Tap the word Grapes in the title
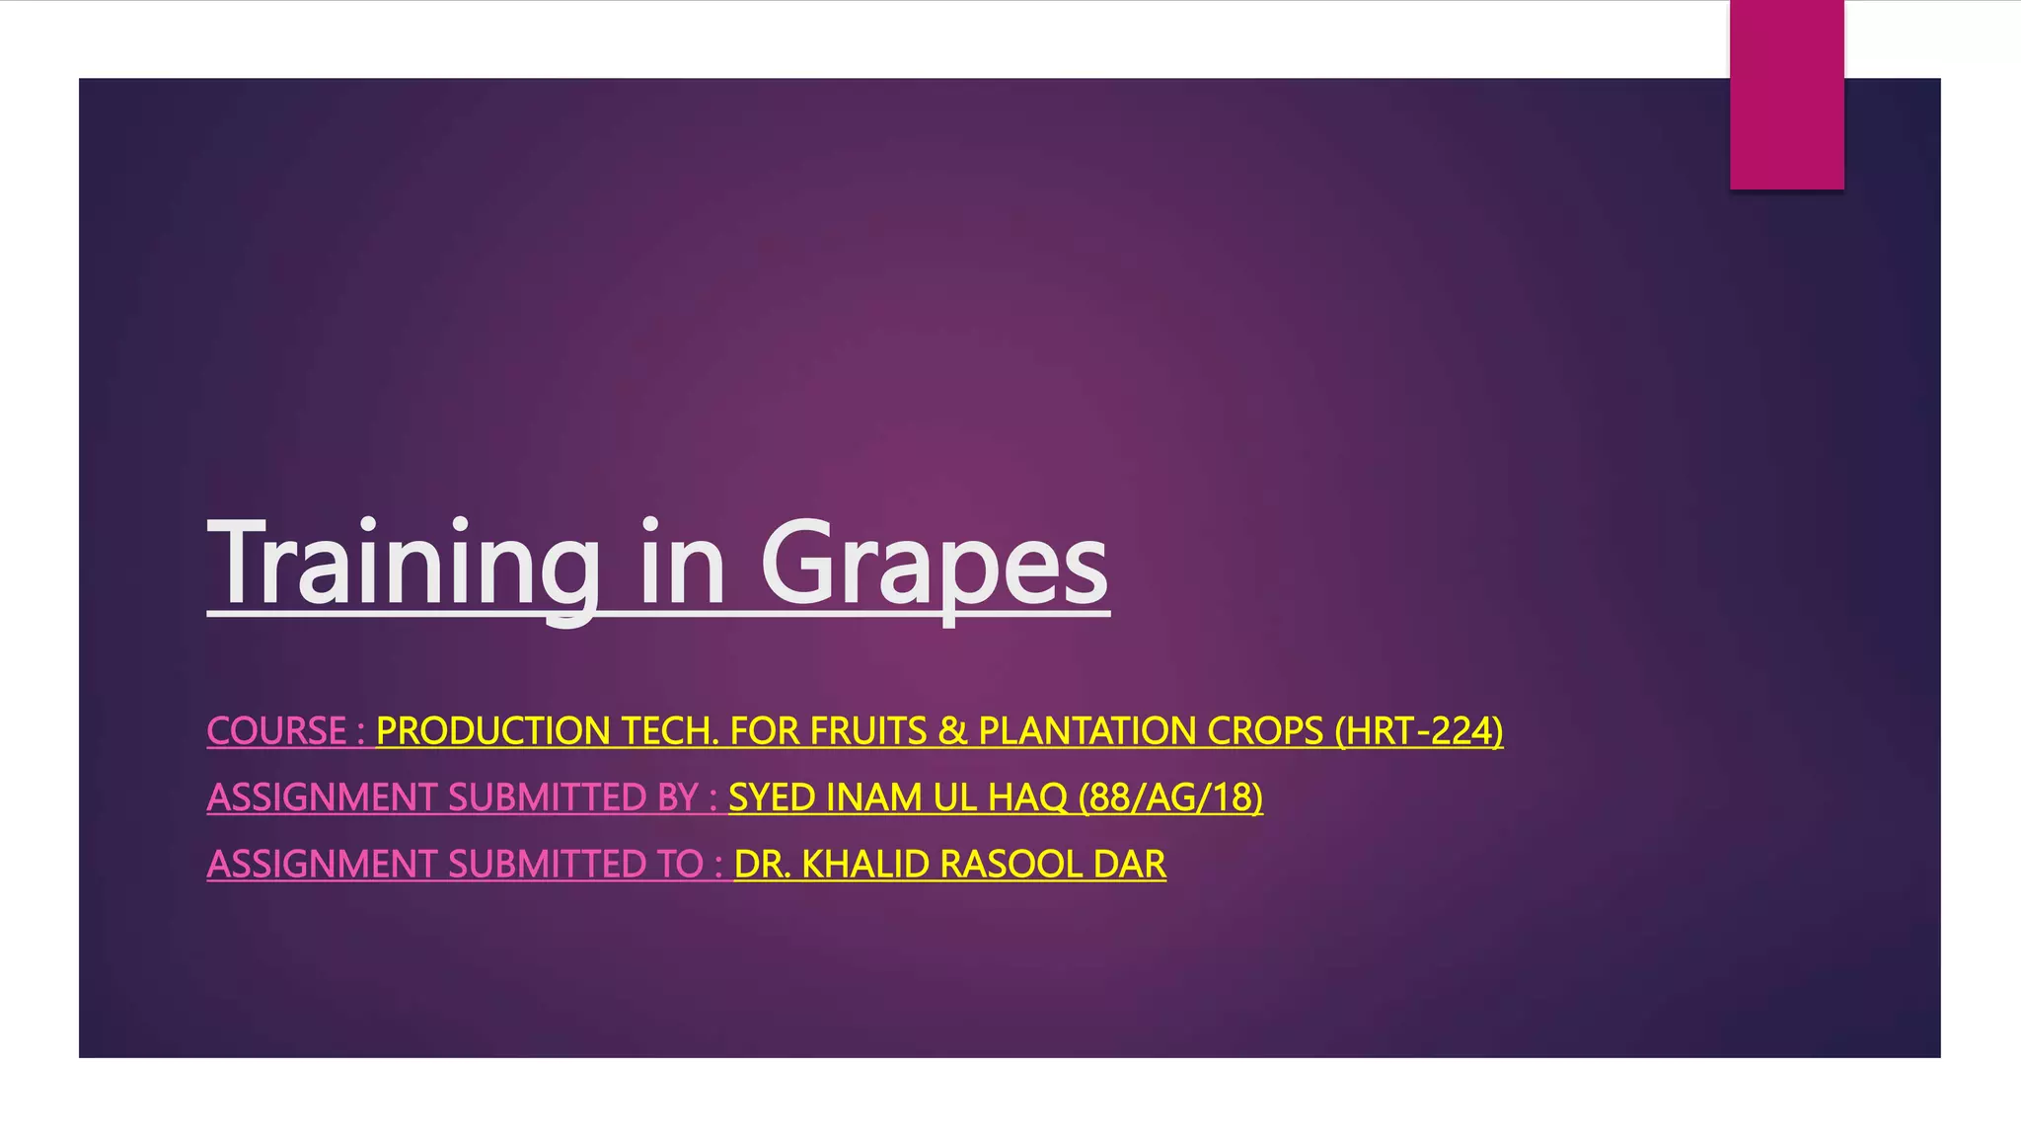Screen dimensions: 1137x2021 click(934, 565)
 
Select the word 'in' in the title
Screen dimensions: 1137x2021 click(682, 565)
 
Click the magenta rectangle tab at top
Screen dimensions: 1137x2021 click(1786, 94)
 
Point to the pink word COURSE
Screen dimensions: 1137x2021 click(276, 731)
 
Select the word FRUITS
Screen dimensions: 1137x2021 click(867, 731)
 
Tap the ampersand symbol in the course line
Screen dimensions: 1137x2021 click(952, 731)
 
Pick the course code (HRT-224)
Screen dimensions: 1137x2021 click(1418, 731)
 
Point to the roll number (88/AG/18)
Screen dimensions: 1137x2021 click(1170, 797)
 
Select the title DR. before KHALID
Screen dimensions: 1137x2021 click(762, 865)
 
